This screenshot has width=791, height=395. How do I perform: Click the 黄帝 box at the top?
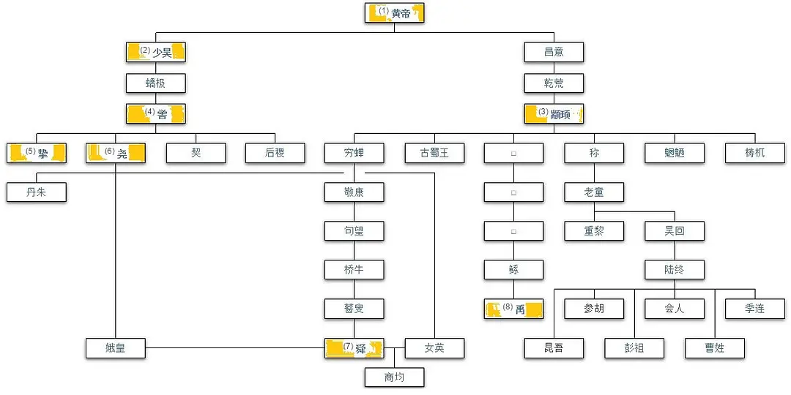pyautogui.click(x=395, y=13)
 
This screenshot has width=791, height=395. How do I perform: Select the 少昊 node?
pyautogui.click(x=155, y=52)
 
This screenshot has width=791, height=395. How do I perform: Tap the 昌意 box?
pyautogui.click(x=554, y=52)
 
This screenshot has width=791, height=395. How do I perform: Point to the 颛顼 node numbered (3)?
pyautogui.click(x=554, y=113)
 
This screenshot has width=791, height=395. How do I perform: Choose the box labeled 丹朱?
pyautogui.click(x=37, y=192)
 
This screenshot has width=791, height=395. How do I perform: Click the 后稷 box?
pyautogui.click(x=275, y=153)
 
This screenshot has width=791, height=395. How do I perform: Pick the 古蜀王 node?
pyautogui.click(x=434, y=153)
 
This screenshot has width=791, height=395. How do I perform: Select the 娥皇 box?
pyautogui.click(x=116, y=348)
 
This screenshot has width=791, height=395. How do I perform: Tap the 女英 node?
pyautogui.click(x=434, y=348)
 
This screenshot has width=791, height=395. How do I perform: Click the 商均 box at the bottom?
pyautogui.click(x=395, y=377)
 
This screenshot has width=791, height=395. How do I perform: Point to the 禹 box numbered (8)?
pyautogui.click(x=513, y=309)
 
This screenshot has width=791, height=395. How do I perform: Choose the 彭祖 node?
pyautogui.click(x=634, y=348)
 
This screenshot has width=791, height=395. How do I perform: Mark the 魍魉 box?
pyautogui.click(x=675, y=153)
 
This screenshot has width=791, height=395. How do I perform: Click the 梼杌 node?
pyautogui.click(x=754, y=153)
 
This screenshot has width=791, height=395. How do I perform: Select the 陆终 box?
pyautogui.click(x=675, y=270)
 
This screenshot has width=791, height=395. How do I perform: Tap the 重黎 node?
pyautogui.click(x=594, y=231)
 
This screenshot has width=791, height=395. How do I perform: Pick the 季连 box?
pyautogui.click(x=754, y=309)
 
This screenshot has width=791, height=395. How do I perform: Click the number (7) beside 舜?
pyautogui.click(x=348, y=346)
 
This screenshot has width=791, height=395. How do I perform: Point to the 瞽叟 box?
pyautogui.click(x=354, y=309)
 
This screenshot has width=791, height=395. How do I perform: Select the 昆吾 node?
pyautogui.click(x=554, y=348)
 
